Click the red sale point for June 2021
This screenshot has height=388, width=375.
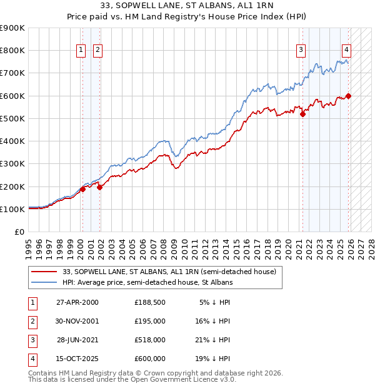[x=302, y=114]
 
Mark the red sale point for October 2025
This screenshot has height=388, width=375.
[x=348, y=96]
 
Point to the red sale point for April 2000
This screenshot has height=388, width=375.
[x=82, y=189]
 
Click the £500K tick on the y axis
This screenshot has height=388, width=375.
[x=12, y=118]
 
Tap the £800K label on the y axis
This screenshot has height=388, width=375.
[x=12, y=50]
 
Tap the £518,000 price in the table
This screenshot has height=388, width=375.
[x=150, y=340]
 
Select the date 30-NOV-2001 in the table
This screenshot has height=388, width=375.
[x=77, y=321]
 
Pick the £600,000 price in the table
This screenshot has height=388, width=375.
[x=150, y=359]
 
